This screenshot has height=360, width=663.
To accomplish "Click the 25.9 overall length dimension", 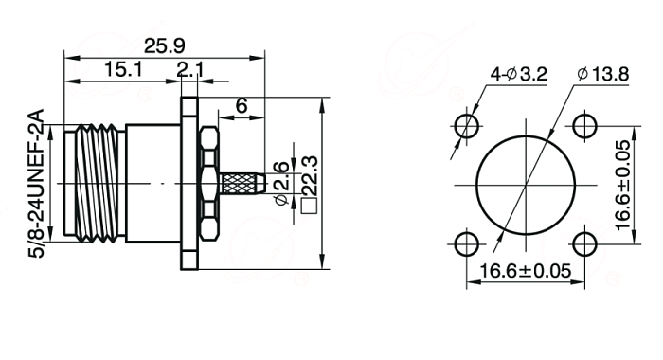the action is [x=165, y=45].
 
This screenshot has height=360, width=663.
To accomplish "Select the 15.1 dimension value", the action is [x=123, y=69].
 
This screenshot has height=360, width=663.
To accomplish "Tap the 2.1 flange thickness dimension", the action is [x=190, y=70].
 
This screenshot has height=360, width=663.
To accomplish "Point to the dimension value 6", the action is [x=242, y=105].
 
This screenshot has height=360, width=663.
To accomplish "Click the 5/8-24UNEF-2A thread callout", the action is [x=36, y=184].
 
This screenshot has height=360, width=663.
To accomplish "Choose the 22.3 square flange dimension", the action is [x=309, y=175].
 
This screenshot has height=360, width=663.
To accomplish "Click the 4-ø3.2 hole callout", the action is [x=518, y=75].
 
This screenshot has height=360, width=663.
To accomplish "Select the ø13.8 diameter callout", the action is [x=602, y=75].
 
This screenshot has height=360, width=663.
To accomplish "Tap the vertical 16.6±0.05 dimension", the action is [x=623, y=186].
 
